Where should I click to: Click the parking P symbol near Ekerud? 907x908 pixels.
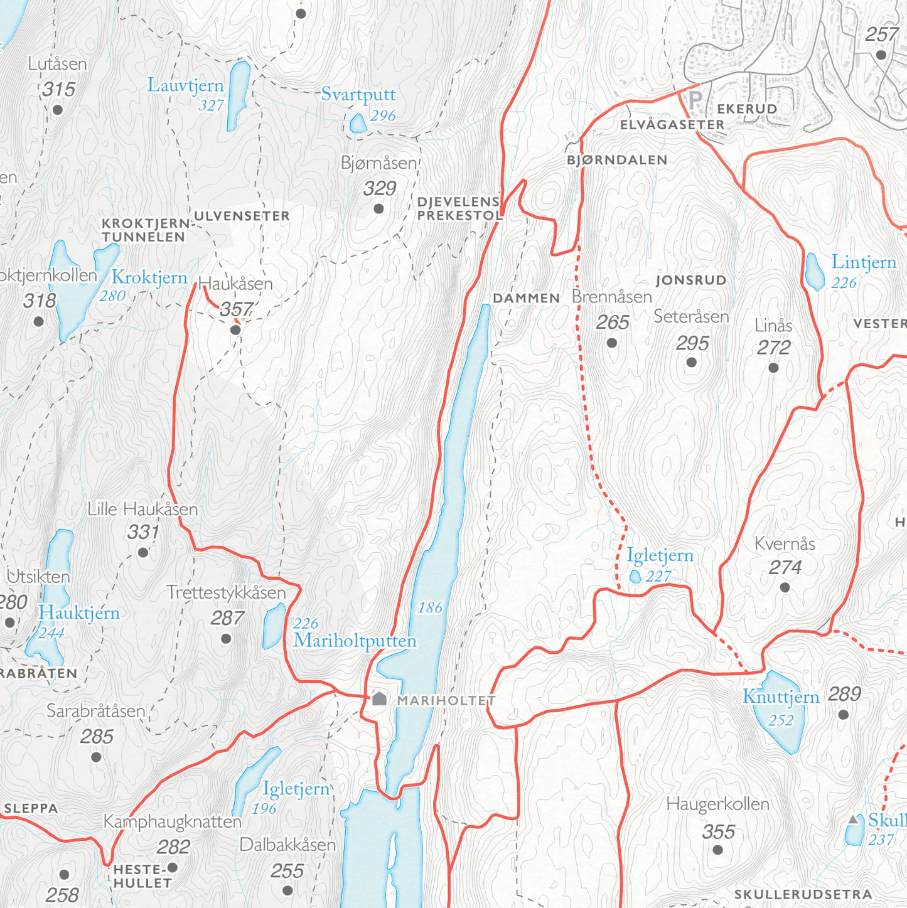695,100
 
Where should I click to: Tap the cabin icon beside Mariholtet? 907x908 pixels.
379,698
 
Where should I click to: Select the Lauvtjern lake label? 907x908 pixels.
186,85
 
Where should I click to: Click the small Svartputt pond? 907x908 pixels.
358,124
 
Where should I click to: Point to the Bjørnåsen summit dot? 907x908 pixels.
378,208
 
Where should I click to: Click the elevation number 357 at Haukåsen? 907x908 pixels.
236,309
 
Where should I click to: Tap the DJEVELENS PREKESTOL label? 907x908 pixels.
459,208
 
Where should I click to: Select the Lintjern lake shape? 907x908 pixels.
814,272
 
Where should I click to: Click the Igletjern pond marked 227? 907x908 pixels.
635,576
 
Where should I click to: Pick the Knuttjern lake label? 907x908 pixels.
781,697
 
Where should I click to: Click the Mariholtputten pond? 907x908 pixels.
274,626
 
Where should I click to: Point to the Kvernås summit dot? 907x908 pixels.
785,587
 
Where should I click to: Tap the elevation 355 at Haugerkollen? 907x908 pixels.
718,832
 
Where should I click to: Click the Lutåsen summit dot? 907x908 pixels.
58,110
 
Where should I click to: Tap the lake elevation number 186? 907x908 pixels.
430,607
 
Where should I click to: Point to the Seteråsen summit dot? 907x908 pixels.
692,362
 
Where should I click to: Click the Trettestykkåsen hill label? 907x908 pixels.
226,592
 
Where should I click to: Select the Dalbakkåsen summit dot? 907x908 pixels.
287,890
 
